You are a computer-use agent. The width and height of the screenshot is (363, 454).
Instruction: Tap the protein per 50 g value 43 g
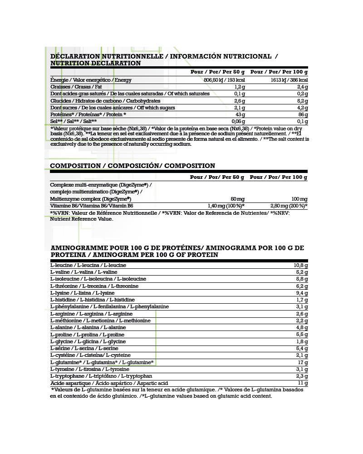[240, 115]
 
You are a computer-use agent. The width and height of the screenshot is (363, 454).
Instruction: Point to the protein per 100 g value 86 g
[303, 115]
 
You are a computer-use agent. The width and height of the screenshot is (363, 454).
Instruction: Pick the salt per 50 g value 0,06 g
[238, 122]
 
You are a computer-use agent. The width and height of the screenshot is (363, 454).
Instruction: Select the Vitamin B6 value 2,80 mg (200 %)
[289, 206]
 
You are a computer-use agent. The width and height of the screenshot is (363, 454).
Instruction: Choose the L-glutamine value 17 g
[303, 363]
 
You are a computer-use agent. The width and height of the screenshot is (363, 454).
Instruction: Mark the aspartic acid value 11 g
[303, 383]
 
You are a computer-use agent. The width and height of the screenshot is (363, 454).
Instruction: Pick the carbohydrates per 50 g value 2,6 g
[239, 101]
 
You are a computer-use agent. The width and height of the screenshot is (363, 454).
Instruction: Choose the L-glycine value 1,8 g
[302, 342]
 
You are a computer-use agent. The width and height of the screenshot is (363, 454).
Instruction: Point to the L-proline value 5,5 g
[302, 335]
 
